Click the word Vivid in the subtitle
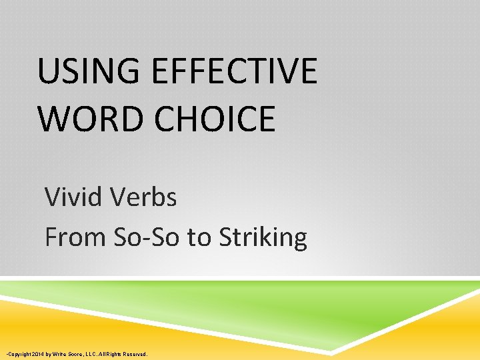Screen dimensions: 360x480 click(71, 197)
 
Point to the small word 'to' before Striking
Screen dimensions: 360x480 click(199, 237)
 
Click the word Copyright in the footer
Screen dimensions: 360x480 click(18, 354)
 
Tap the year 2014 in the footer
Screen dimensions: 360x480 click(37, 354)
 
